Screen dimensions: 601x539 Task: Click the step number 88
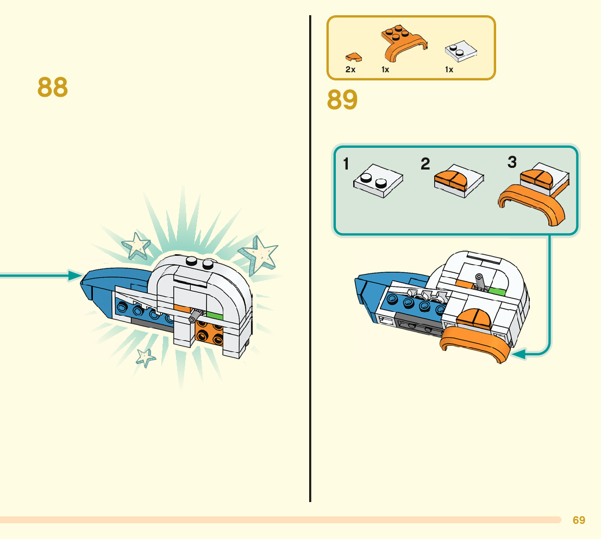tap(53, 87)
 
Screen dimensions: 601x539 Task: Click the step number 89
tap(342, 101)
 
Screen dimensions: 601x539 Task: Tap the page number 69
tap(579, 520)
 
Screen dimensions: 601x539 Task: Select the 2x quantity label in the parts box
tap(350, 70)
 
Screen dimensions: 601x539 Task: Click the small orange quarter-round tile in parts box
tap(353, 57)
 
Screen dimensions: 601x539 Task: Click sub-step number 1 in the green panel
tap(347, 164)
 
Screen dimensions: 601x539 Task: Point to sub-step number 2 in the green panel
tap(425, 164)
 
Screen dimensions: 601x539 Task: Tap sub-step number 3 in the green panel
tap(512, 162)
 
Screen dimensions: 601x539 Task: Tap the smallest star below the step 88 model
tap(145, 357)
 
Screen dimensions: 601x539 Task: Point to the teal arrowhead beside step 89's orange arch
tap(518, 355)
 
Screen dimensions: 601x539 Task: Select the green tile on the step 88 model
tap(215, 315)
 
